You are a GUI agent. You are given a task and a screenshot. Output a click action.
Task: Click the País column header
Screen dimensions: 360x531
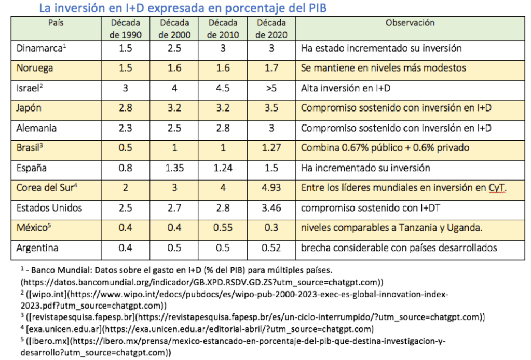pyautogui.click(x=56, y=23)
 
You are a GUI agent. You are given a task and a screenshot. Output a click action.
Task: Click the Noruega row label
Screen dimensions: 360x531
pyautogui.click(x=35, y=68)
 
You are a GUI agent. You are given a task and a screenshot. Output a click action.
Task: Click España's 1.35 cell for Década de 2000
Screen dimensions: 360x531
pyautogui.click(x=174, y=168)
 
